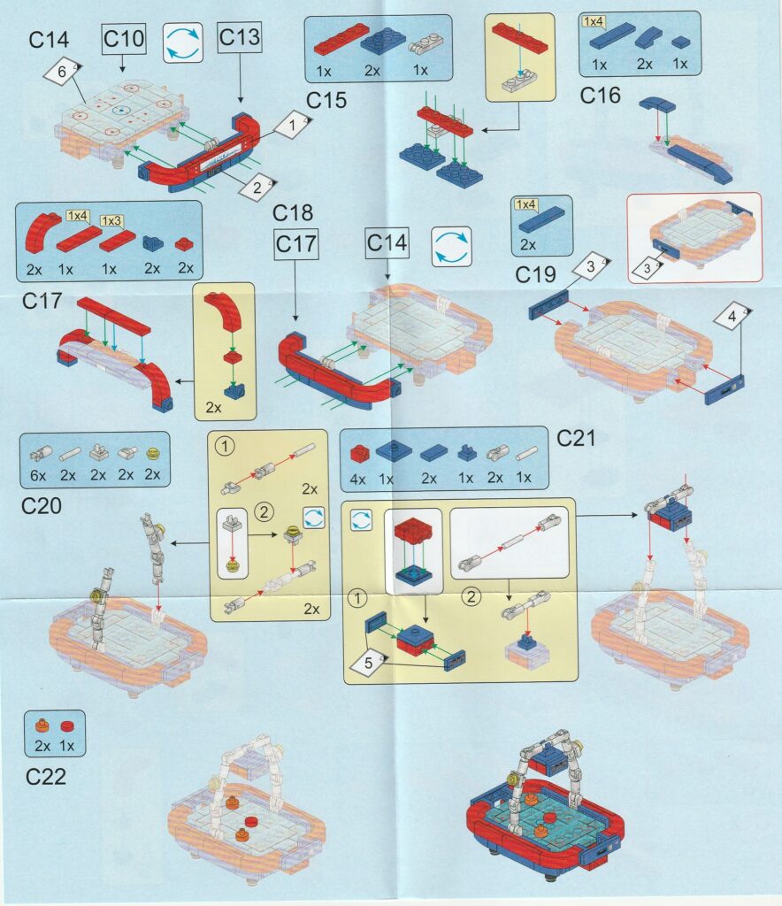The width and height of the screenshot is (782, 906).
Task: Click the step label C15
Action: pos(326,100)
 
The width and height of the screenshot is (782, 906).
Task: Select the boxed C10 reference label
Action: pos(124,39)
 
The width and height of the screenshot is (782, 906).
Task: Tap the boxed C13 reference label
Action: pos(240,37)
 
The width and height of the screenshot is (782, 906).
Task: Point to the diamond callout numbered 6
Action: pos(63,73)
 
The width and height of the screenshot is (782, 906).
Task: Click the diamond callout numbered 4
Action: pos(732,316)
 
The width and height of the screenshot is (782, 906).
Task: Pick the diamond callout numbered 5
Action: pos(369,663)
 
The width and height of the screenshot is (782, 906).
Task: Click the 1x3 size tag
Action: pos(111,220)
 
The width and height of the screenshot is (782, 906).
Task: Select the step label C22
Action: pos(46,777)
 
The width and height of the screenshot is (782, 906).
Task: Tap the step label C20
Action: pos(41,505)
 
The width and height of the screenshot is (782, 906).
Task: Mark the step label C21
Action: pos(576,438)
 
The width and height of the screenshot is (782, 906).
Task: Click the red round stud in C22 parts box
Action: pos(67,726)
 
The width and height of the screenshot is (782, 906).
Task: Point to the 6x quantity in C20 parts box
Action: pos(38,475)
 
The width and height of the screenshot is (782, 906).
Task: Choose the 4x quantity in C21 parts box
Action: pos(357,479)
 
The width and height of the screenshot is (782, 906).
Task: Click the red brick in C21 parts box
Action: pos(358,453)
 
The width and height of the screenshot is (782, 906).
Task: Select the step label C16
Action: pos(600,96)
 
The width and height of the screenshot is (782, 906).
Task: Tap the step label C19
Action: pos(535,274)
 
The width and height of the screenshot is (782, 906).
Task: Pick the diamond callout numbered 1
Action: pos(292,124)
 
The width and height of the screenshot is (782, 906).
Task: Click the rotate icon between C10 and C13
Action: pos(182,42)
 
